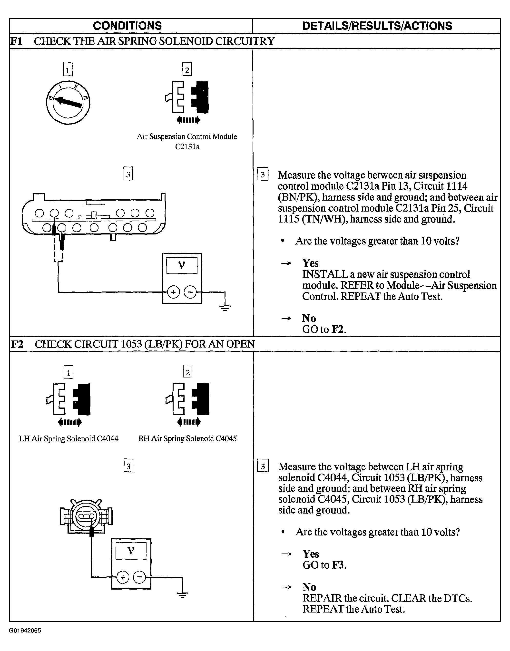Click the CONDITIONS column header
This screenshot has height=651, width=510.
(127, 26)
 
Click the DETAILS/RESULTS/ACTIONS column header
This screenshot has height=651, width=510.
(377, 26)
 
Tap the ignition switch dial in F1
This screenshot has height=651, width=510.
(68, 102)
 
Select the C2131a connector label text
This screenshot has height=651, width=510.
(187, 146)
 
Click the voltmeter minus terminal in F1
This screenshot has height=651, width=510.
(190, 292)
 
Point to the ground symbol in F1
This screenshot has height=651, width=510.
(225, 307)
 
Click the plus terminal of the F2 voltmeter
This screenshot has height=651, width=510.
(122, 577)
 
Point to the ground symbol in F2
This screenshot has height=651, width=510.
(182, 595)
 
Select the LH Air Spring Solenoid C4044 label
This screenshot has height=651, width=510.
(69, 439)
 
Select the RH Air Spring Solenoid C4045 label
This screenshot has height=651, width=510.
(187, 439)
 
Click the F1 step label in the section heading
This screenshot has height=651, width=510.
(16, 41)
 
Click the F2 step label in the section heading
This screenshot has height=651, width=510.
(17, 344)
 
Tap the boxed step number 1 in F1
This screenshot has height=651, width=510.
(68, 70)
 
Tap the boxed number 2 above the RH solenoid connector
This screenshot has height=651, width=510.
(187, 372)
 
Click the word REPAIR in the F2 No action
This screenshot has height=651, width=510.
(322, 598)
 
